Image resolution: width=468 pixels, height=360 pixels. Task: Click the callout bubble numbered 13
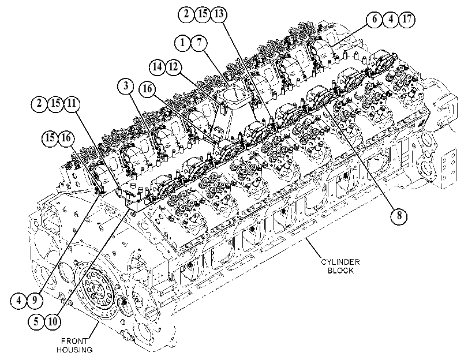pyautogui.click(x=219, y=14)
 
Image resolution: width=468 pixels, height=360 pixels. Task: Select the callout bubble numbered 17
pyautogui.click(x=407, y=19)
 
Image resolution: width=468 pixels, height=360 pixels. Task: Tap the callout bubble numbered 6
pyautogui.click(x=375, y=19)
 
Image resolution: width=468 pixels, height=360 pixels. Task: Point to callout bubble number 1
pyautogui.click(x=183, y=42)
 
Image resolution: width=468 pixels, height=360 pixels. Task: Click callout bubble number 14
pyautogui.click(x=158, y=66)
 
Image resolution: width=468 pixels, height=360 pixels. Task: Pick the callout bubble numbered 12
pyautogui.click(x=174, y=66)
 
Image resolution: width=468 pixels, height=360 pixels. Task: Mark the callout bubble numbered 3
pyautogui.click(x=126, y=86)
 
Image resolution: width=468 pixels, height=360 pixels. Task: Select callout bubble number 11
pyautogui.click(x=72, y=104)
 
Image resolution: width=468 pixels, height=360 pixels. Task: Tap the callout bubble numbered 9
pyautogui.click(x=35, y=299)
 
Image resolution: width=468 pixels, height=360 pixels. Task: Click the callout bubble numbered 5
pyautogui.click(x=36, y=321)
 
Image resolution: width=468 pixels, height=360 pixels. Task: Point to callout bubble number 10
pyautogui.click(x=53, y=321)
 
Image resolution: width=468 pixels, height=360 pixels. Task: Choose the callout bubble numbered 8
pyautogui.click(x=399, y=216)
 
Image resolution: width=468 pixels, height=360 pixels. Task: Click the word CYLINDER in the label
pyautogui.click(x=340, y=262)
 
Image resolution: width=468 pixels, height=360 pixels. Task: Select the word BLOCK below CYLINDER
pyautogui.click(x=340, y=271)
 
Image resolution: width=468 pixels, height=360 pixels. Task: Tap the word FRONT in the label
pyautogui.click(x=74, y=341)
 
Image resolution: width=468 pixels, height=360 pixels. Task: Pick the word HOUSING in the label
pyautogui.click(x=74, y=350)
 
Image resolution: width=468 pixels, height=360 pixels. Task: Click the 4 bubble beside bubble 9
pyautogui.click(x=19, y=299)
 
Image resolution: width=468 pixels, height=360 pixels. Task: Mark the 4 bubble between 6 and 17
pyautogui.click(x=391, y=19)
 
